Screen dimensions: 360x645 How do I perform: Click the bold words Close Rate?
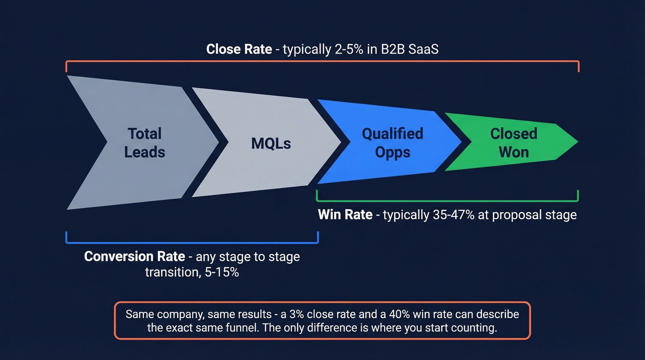(239, 49)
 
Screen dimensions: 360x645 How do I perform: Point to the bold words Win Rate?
(345, 215)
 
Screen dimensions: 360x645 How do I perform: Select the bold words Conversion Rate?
(135, 256)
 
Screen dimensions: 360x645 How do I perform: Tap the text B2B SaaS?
(405, 49)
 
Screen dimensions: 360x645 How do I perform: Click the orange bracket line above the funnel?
(322, 61)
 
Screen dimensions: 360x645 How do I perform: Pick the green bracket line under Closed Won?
(447, 201)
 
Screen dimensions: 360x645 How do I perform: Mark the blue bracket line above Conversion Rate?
(192, 242)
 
